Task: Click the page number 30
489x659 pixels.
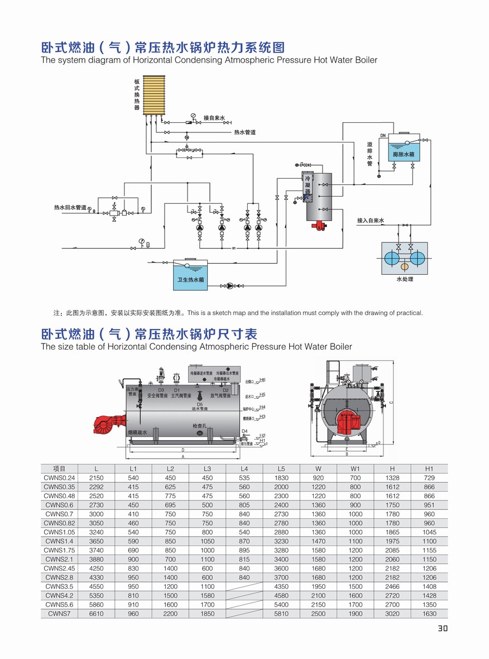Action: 442,628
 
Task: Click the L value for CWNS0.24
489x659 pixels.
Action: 96,478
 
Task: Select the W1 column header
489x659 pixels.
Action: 355,469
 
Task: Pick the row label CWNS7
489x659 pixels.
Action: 59,613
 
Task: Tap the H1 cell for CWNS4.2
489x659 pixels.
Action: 429,595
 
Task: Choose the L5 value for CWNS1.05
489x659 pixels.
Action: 281,532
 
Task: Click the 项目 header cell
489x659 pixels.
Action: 59,469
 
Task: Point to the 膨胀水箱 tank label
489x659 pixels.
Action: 403,154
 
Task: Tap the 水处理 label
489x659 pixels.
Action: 405,279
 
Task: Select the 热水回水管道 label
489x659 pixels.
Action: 70,208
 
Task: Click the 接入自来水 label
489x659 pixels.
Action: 371,221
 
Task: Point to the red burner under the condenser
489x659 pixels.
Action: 320,226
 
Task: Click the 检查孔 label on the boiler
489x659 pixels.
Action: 199,426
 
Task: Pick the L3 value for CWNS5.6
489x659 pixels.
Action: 207,604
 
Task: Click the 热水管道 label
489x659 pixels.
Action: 244,132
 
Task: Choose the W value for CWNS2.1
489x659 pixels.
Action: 318,559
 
